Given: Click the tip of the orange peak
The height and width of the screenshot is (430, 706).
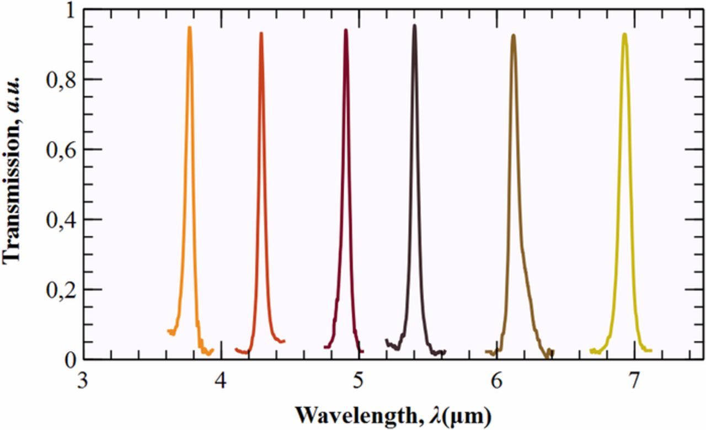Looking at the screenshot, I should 190,27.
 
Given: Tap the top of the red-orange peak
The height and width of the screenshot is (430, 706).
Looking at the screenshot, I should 261,33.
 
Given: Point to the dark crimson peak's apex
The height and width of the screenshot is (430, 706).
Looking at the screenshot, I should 345,30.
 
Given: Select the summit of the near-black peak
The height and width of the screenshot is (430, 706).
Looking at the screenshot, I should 414,25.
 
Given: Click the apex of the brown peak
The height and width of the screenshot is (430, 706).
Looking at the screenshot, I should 513,35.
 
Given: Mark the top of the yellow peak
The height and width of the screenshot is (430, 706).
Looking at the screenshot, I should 624,34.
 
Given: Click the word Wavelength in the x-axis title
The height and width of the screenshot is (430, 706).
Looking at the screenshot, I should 347,413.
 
